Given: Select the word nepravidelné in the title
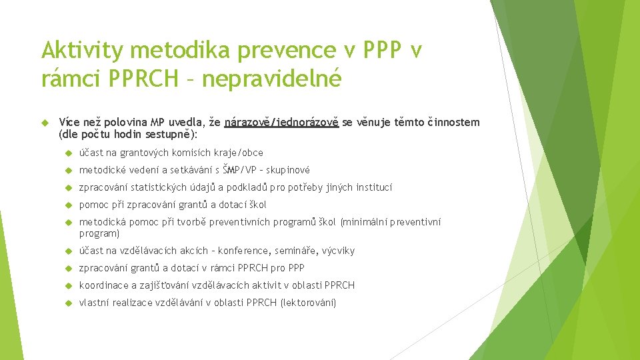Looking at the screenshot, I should pyautogui.click(x=271, y=79).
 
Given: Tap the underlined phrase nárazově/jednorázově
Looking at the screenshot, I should pyautogui.click(x=282, y=122).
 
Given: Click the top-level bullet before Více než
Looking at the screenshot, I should pyautogui.click(x=45, y=122).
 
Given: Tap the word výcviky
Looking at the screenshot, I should pyautogui.click(x=339, y=251).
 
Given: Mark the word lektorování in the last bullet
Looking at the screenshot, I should pyautogui.click(x=309, y=303).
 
